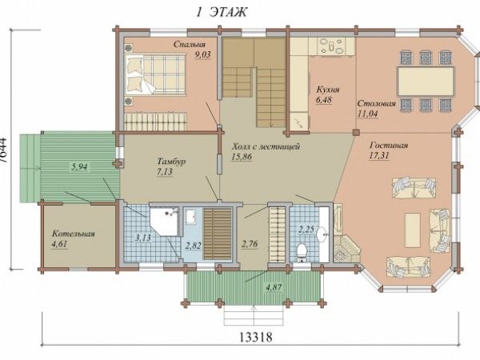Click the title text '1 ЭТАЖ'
pyautogui.click(x=222, y=13)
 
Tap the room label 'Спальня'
pyautogui.click(x=189, y=44)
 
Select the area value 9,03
pyautogui.click(x=203, y=54)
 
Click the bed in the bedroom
pyautogui.click(x=155, y=74)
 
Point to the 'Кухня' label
pyautogui.click(x=328, y=90)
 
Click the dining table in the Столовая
pyautogui.click(x=426, y=82)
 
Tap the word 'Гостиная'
pyautogui.click(x=389, y=145)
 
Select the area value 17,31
pyautogui.click(x=379, y=155)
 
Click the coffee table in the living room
pyautogui.click(x=412, y=230)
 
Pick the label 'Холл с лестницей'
pyautogui.click(x=266, y=146)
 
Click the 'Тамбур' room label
pyautogui.click(x=171, y=162)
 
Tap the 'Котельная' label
pyautogui.click(x=73, y=234)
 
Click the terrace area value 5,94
pyautogui.click(x=79, y=167)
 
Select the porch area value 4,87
pyautogui.click(x=274, y=287)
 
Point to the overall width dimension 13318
pyautogui.click(x=255, y=338)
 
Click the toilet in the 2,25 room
pyautogui.click(x=302, y=253)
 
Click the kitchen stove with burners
pyautogui.click(x=331, y=47)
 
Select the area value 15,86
pyautogui.click(x=242, y=157)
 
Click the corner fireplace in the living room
pyautogui.click(x=346, y=249)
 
